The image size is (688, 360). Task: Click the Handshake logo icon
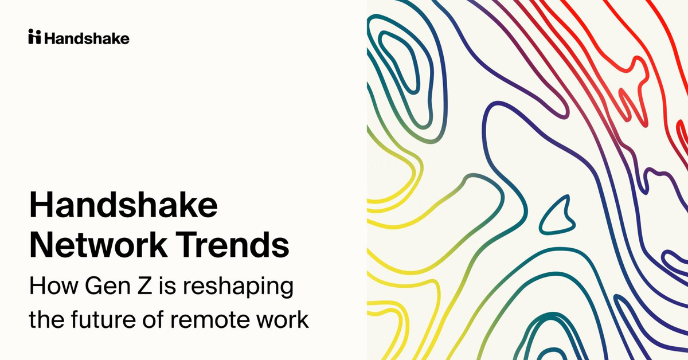coord(34,38)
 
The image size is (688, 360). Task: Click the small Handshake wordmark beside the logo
coord(87,38)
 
